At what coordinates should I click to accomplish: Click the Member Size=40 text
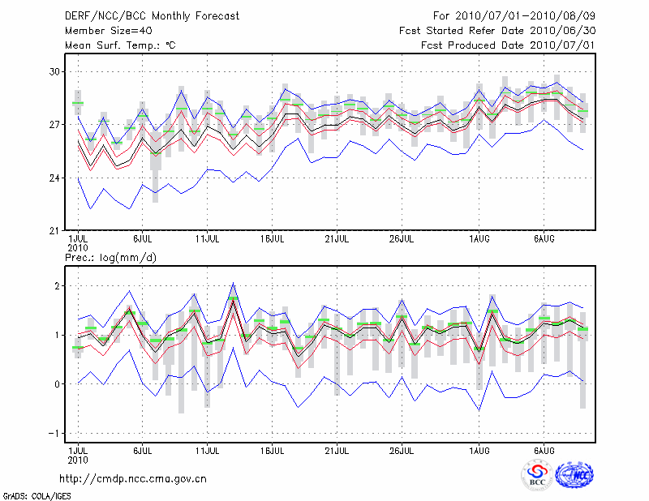click(x=102, y=31)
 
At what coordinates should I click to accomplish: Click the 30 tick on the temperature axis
click(x=56, y=72)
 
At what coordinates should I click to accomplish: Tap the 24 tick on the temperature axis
click(x=56, y=178)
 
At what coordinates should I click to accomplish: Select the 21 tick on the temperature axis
click(x=56, y=231)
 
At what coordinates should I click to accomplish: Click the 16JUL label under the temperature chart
click(x=272, y=239)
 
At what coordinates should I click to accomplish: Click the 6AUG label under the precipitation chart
click(x=544, y=450)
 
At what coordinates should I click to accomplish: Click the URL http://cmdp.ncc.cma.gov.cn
click(x=133, y=478)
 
